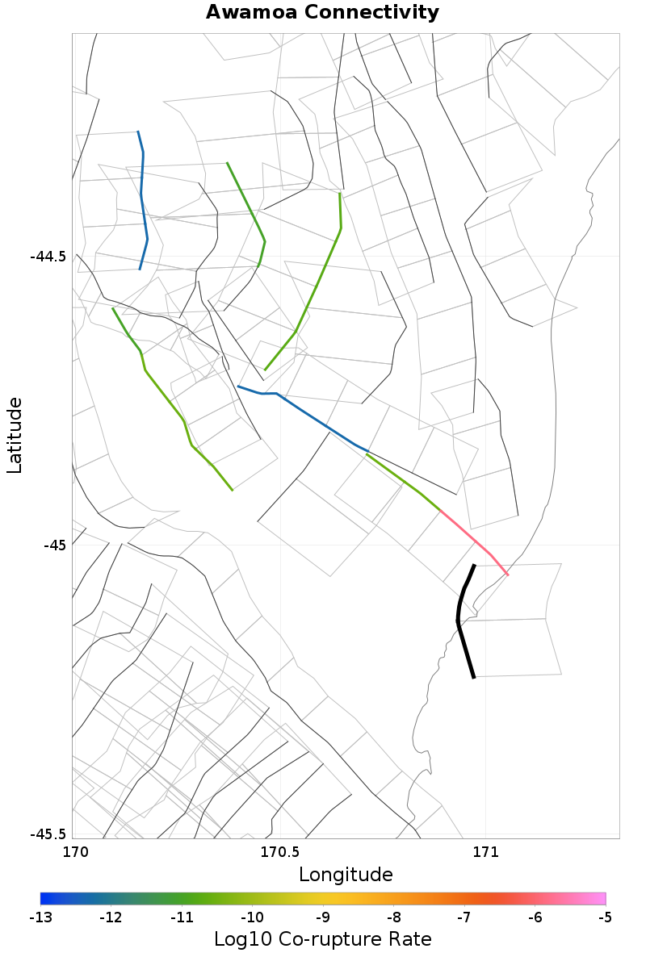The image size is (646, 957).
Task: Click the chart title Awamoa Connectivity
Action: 322,13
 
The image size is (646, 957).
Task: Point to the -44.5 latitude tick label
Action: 48,257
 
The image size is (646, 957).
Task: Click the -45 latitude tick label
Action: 55,545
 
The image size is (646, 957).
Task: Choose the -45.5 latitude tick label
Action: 48,834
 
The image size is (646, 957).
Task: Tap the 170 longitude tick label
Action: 73,852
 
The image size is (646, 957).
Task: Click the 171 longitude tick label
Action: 484,852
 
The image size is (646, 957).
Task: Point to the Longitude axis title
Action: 346,875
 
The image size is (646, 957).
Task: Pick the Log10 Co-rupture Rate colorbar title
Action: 322,939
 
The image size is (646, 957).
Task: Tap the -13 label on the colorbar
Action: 40,917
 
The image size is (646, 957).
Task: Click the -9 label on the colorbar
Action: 323,917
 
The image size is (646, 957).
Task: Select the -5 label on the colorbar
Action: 605,917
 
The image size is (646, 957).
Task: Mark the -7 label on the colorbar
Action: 464,917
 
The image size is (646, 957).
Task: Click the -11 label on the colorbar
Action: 182,917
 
